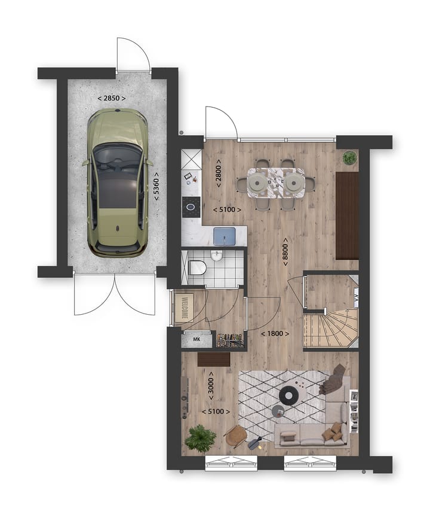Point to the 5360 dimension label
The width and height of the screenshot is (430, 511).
click(156, 189)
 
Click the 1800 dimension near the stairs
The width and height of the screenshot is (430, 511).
click(276, 333)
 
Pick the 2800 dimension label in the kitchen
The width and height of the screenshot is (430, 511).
click(219, 173)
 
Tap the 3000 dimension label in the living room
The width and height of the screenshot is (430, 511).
click(210, 384)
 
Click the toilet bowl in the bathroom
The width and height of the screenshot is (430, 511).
click(196, 267)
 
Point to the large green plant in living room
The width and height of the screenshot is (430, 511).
click(200, 439)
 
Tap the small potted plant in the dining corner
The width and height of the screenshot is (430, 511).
click(349, 158)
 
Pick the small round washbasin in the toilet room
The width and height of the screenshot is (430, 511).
click(217, 255)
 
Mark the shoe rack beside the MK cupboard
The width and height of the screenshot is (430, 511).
click(230, 340)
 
